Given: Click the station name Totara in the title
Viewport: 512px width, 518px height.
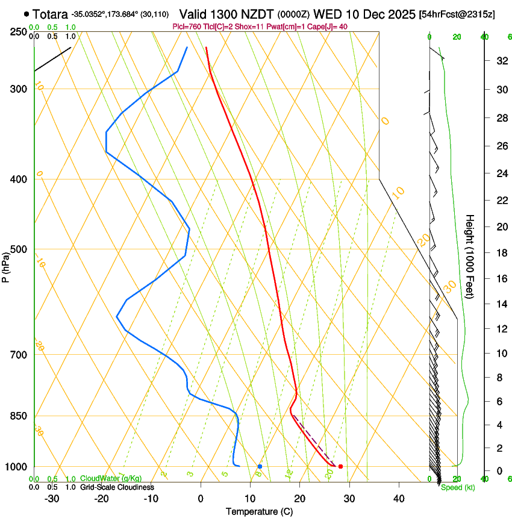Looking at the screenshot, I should tap(51, 13).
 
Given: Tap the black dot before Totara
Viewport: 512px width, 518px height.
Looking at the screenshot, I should tap(27, 13).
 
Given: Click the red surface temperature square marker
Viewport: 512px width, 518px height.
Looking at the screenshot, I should tap(341, 466).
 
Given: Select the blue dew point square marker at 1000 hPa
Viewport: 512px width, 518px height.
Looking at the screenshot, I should tap(260, 466).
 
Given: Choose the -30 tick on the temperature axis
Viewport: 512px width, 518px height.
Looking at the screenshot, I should tap(52, 499).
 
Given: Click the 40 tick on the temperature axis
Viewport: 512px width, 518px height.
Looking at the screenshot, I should tap(398, 499).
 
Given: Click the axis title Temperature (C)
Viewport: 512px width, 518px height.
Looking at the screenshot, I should tap(259, 511).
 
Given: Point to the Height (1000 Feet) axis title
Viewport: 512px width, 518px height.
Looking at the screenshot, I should tap(470, 257).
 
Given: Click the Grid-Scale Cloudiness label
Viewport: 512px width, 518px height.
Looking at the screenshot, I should tap(117, 487).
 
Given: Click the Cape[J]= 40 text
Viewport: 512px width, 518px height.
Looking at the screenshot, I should tap(331, 27).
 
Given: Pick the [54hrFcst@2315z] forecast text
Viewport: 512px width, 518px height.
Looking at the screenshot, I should tap(457, 14).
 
